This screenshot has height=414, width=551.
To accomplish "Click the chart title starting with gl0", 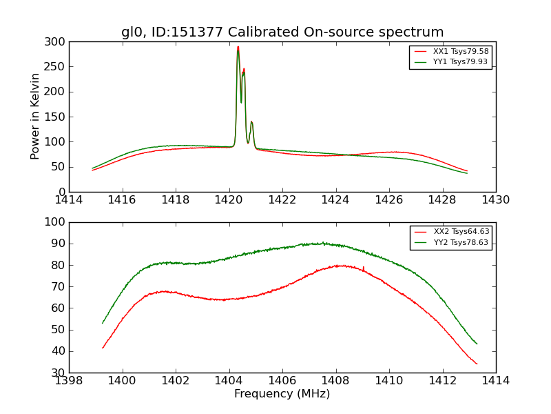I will pos(282,32).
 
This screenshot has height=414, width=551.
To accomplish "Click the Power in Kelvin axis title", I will pos(35,116).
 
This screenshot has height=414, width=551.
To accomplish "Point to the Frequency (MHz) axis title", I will pos(282,394).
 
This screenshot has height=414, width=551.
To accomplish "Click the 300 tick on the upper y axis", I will pos(57,42).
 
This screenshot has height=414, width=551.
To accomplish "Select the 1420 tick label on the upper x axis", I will pos(229,200).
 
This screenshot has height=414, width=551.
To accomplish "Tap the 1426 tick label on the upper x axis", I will pos(389,200).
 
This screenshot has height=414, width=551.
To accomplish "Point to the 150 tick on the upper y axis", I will pos(57,117).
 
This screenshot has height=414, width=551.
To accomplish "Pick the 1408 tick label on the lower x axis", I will pos(336,381).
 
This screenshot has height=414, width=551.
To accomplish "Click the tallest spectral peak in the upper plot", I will pos(238,48).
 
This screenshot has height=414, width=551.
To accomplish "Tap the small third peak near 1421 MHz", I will pos(251,122).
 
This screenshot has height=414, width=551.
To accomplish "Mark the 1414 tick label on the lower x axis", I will pos(496,381).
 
